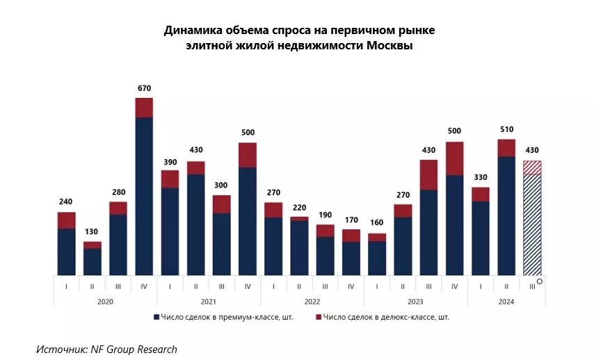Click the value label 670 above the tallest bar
(x=144, y=88)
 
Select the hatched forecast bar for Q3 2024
(x=532, y=222)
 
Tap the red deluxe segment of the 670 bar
(x=144, y=108)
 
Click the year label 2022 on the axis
(x=312, y=302)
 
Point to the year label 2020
(x=105, y=302)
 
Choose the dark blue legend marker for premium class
(x=156, y=317)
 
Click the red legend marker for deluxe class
(x=318, y=317)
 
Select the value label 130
(x=93, y=232)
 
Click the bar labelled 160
(x=377, y=256)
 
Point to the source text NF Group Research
(x=134, y=350)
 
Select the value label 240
(x=66, y=202)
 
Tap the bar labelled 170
(x=351, y=254)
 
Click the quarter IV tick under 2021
(x=248, y=286)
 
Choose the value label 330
(x=480, y=177)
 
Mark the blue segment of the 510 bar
(x=506, y=215)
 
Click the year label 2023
(x=415, y=302)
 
